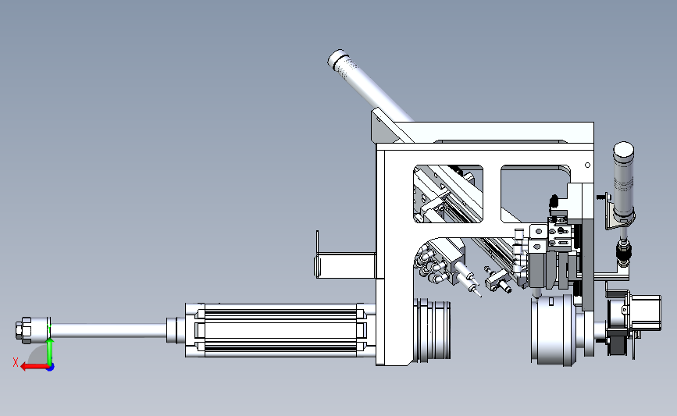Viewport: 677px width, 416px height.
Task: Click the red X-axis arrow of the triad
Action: click(x=34, y=367)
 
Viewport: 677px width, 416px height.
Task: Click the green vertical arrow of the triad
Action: click(x=50, y=352)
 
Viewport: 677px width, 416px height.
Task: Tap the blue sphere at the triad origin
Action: click(x=51, y=368)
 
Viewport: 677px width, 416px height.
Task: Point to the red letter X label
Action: click(x=16, y=362)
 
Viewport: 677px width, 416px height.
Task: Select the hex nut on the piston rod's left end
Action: click(x=23, y=331)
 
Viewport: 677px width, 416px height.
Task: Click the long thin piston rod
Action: click(x=108, y=331)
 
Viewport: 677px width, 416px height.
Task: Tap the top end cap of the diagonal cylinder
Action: click(x=337, y=59)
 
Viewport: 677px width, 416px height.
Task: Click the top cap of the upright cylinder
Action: click(x=623, y=149)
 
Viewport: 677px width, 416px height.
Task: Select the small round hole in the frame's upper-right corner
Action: click(x=587, y=165)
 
